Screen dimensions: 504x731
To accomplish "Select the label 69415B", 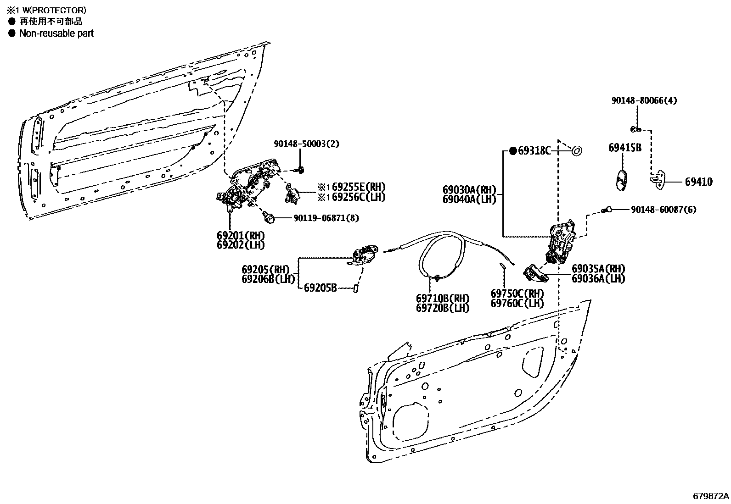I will [x=624, y=148].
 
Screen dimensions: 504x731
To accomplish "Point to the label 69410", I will [x=698, y=182].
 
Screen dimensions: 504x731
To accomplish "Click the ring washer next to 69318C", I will [x=576, y=150].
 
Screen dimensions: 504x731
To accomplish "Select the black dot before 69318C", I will [x=513, y=150].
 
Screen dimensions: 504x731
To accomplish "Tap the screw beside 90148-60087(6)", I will [x=607, y=210].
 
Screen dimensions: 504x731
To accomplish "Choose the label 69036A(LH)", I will [x=598, y=278].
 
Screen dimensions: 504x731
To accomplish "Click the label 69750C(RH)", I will [x=517, y=294].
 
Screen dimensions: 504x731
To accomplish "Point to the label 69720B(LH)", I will [x=443, y=308].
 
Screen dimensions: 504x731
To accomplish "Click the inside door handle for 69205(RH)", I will [x=365, y=256].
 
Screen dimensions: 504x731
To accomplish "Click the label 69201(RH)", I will [x=241, y=235].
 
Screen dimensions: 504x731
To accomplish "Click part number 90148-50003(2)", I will [x=306, y=144].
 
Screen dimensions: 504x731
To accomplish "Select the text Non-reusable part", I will [x=56, y=33].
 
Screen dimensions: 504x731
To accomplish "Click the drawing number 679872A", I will [x=711, y=496].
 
